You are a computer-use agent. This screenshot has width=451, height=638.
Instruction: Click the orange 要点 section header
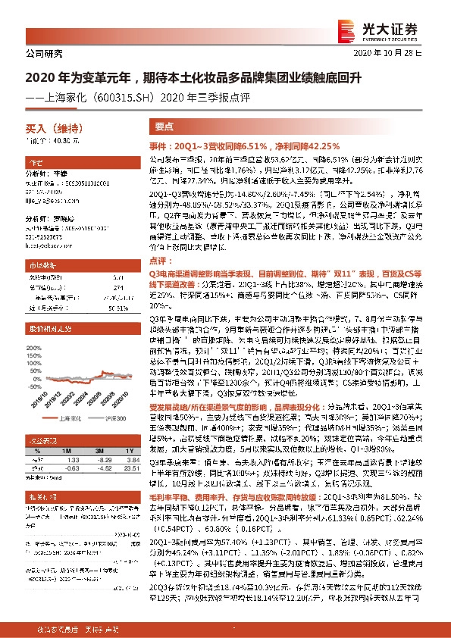pos(164,127)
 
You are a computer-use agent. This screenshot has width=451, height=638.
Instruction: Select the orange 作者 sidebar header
pos(36,163)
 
